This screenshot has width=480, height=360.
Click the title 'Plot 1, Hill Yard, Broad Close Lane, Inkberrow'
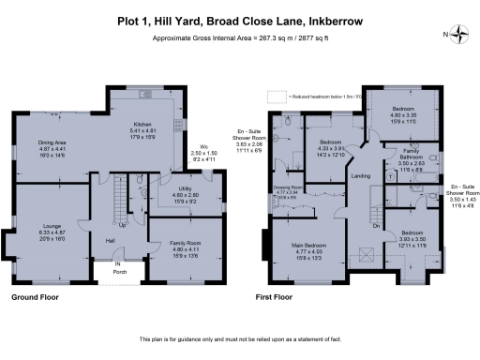tap(239, 18)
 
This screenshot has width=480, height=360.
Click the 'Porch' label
tap(118, 272)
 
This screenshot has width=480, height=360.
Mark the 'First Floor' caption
tap(276, 296)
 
